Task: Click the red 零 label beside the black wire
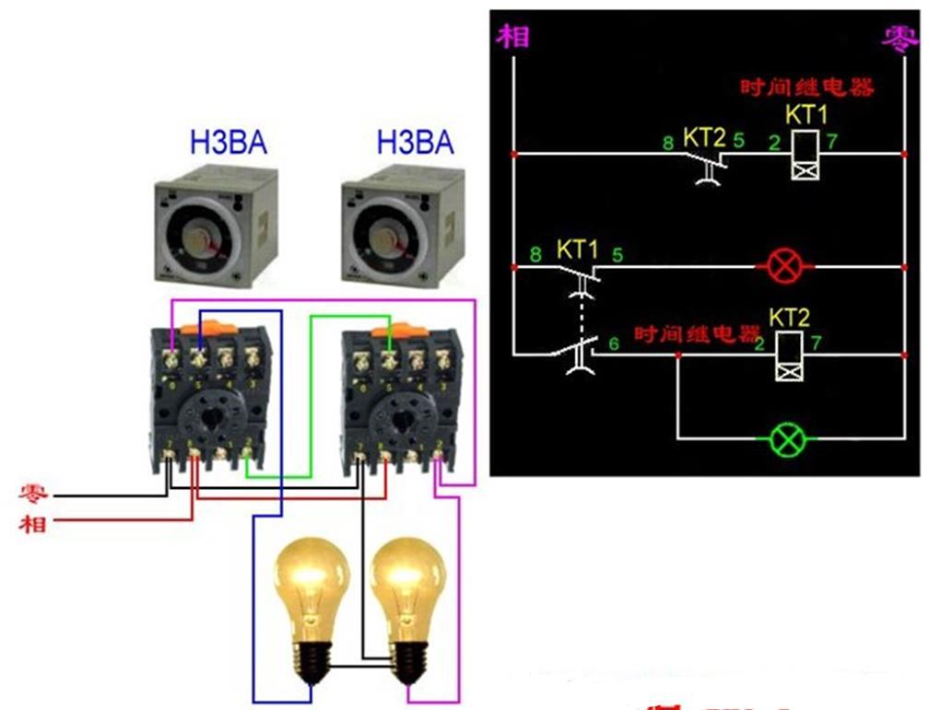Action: [34, 495]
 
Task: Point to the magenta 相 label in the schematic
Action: [512, 37]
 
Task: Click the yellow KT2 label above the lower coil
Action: [790, 319]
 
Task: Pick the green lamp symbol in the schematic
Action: [786, 439]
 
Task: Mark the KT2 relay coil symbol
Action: [788, 355]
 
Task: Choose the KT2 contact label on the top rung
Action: [705, 138]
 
